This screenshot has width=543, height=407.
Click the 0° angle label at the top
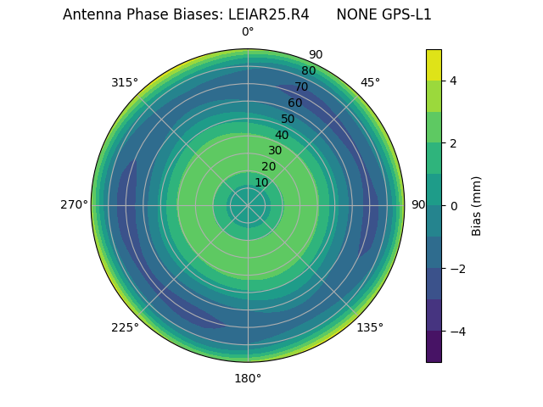click(248, 32)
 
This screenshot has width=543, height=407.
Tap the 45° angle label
click(370, 82)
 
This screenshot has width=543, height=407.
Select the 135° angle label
click(370, 327)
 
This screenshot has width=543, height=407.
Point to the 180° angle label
click(248, 378)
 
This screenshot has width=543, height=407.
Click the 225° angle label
click(125, 327)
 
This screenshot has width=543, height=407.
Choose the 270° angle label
click(74, 204)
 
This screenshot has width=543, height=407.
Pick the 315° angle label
click(125, 82)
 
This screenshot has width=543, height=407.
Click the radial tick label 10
click(261, 182)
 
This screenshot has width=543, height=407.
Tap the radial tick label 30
click(275, 151)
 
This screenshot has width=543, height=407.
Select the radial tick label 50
click(288, 119)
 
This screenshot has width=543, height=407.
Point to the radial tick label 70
click(301, 86)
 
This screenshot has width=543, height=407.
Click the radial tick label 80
click(308, 70)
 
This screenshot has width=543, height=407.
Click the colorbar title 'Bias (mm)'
click(477, 206)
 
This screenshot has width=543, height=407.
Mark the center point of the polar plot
click(248, 205)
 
